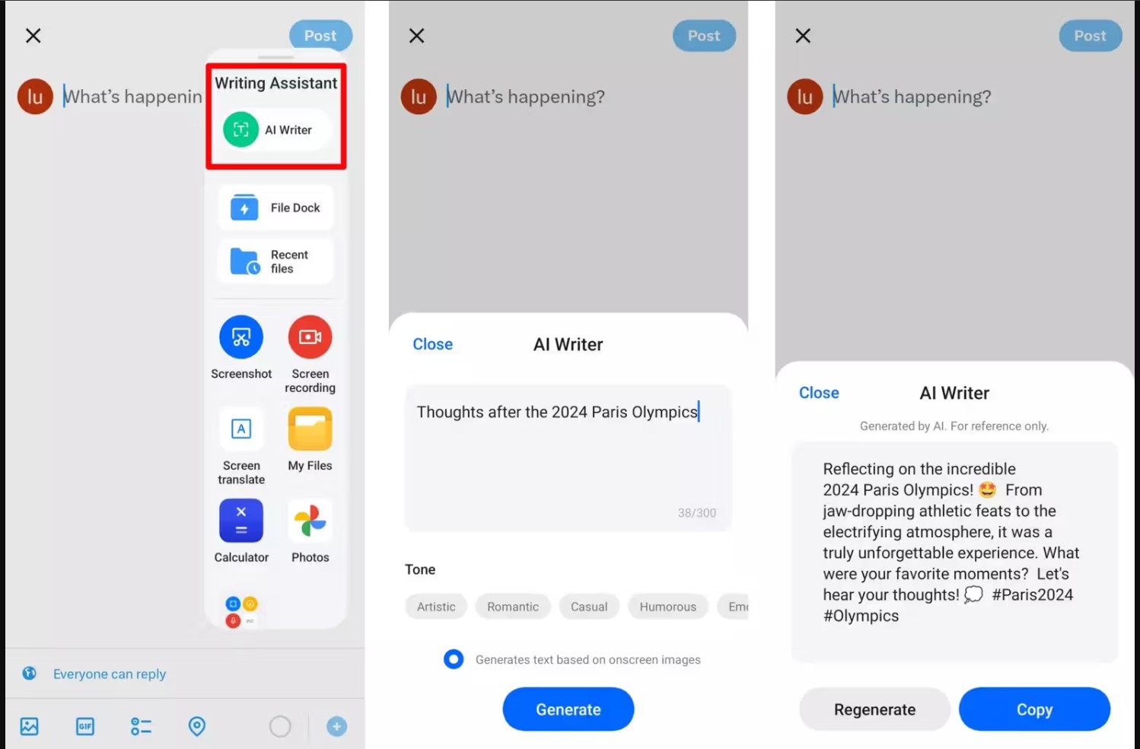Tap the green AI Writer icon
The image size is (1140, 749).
240,130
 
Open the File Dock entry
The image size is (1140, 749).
275,208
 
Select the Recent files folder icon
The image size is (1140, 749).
245,261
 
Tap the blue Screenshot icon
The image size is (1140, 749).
241,336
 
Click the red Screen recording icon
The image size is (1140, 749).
310,336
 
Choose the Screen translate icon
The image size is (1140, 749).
241,429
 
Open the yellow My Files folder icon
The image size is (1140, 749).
310,429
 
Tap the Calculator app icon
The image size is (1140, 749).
241,521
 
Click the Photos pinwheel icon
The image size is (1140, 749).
310,521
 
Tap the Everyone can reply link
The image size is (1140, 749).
110,674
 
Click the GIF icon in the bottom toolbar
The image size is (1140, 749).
85,726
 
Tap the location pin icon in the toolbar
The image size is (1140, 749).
197,726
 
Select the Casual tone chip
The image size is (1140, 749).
589,607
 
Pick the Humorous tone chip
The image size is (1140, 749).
667,607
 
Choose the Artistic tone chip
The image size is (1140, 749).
436,607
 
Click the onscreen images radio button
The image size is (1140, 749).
454,659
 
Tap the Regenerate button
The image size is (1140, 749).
874,709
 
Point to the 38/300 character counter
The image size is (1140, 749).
697,513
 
